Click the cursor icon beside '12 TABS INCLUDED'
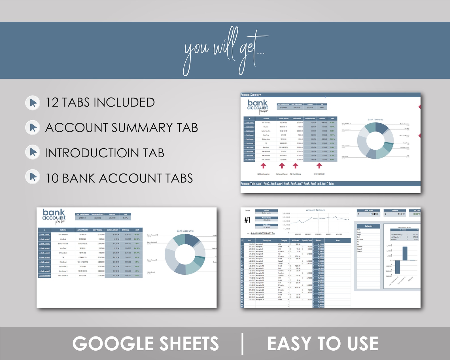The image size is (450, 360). tap(33, 103)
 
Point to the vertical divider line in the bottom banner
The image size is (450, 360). tap(242, 344)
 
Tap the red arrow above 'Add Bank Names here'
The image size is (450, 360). tap(264, 166)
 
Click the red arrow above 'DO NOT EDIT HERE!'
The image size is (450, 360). tap(319, 166)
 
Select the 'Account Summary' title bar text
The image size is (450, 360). tap(251, 95)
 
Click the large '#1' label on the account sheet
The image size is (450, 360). tap(247, 220)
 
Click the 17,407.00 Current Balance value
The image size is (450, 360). tap(374, 214)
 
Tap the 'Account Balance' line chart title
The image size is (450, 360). tap(315, 210)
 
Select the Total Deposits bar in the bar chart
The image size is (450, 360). tap(405, 253)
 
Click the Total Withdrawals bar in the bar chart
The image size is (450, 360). tap(397, 267)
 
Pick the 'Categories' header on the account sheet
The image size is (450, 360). tap(368, 226)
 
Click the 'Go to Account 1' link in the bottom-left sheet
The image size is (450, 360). tap(44, 235)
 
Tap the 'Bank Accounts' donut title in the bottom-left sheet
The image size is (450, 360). tap(185, 231)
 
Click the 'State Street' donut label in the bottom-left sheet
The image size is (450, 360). tap(151, 272)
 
